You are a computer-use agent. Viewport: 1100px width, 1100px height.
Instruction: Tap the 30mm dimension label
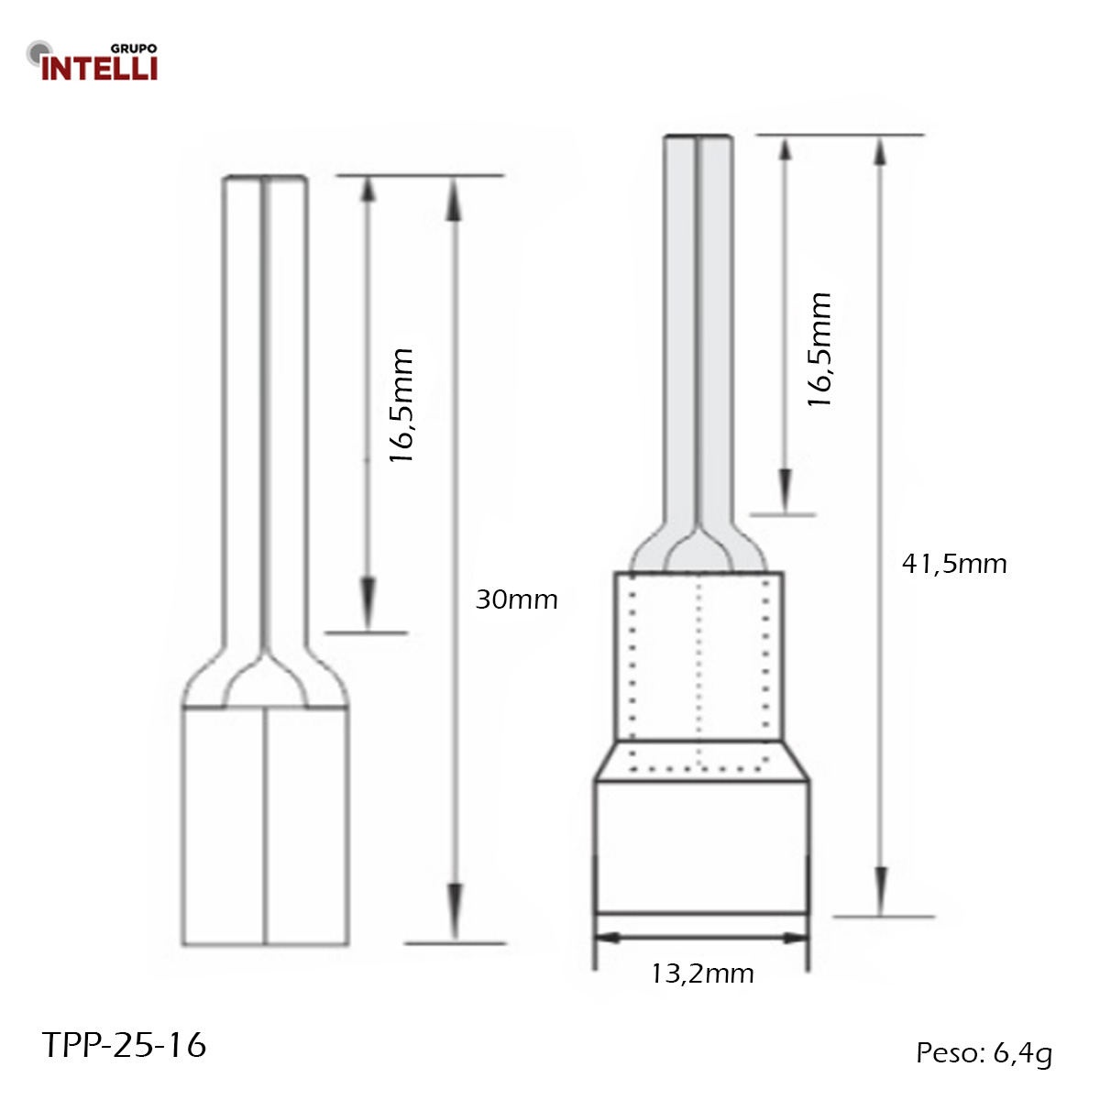point(516,599)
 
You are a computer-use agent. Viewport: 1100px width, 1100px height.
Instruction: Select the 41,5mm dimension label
point(954,563)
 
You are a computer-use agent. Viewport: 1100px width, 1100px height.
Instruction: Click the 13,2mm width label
point(702,973)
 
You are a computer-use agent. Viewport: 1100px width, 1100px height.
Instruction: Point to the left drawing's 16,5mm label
point(402,404)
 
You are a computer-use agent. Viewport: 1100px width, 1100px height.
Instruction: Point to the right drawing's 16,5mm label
point(819,349)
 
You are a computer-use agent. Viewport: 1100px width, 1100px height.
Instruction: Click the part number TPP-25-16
point(125,1045)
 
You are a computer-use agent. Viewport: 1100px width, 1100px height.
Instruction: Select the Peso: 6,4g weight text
point(984,1053)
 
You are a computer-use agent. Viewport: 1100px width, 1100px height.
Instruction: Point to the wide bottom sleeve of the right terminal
point(701,843)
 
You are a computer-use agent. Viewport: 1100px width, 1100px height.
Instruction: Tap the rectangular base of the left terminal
point(265,825)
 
